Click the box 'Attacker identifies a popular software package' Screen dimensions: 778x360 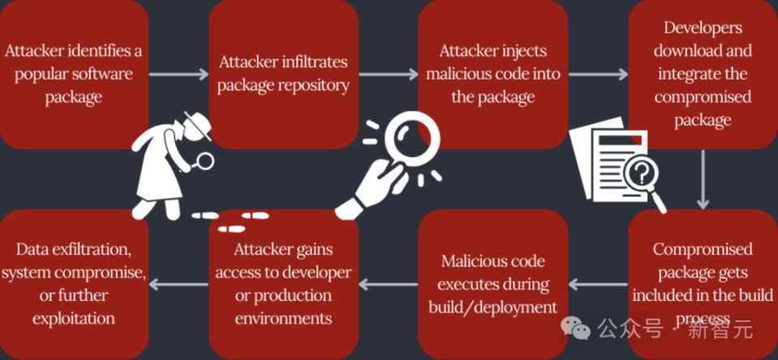(x=74, y=75)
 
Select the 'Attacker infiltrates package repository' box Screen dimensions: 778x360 (x=284, y=75)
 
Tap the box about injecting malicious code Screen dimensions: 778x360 (x=494, y=75)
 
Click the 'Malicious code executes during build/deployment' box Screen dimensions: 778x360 (x=494, y=284)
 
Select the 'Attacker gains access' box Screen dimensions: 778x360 (x=284, y=284)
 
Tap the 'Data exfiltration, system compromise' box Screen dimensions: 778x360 (x=74, y=284)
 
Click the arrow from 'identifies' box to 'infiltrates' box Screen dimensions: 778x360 (x=179, y=75)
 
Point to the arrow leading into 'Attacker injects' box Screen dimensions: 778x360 (x=388, y=75)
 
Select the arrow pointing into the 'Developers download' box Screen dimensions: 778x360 (x=598, y=75)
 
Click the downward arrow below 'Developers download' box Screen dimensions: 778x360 (x=703, y=179)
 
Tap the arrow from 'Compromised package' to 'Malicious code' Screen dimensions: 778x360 (x=598, y=285)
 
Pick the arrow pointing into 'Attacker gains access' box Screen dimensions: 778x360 (x=388, y=285)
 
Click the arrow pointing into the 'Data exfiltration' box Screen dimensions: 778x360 (x=178, y=285)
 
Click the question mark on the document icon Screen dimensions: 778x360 (x=642, y=174)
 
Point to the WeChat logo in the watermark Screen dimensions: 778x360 (x=575, y=328)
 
